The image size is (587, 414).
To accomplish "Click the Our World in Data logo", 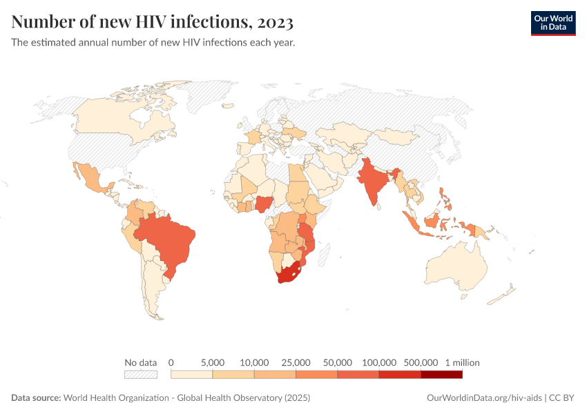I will coord(552,23).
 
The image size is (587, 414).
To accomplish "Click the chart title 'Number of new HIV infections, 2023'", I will coord(153,23).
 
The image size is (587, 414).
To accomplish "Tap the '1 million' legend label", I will coord(462,362).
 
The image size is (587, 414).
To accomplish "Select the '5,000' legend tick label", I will coord(213,362).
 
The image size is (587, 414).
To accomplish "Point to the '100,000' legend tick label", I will coord(379,362).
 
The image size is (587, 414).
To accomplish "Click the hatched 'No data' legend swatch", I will coord(140,374).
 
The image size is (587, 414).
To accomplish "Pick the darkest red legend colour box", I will coord(441,374).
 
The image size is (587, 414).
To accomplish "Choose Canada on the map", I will coord(117,117).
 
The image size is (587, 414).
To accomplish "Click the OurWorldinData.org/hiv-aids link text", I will coord(484,398).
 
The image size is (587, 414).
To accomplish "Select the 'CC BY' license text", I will coord(563,398).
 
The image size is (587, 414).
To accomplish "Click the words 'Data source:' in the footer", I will coord(36,398).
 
